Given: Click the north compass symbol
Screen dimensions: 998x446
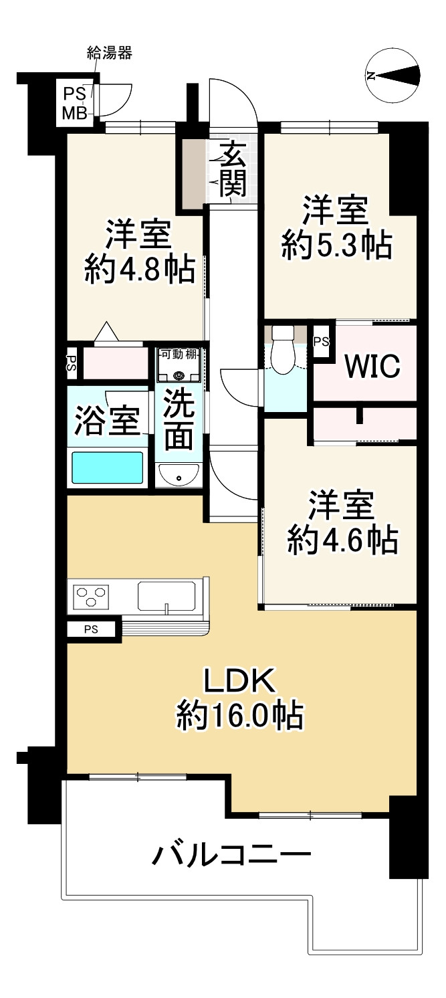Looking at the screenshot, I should click(394, 76).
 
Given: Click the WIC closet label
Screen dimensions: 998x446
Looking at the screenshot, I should click(372, 365).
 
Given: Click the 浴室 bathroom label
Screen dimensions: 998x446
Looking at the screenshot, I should click(107, 421).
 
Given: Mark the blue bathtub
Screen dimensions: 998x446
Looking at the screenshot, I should click(107, 467).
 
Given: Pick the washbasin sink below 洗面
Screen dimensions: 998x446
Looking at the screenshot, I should click(179, 476).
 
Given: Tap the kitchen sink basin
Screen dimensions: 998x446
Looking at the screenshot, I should click(166, 595).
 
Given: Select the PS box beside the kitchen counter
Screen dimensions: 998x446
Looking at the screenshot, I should click(91, 629).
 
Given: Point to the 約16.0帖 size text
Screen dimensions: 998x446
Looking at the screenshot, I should click(239, 716).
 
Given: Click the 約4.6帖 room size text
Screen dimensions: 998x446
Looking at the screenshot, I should click(342, 539).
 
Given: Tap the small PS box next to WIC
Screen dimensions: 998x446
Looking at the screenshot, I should click(321, 341).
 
